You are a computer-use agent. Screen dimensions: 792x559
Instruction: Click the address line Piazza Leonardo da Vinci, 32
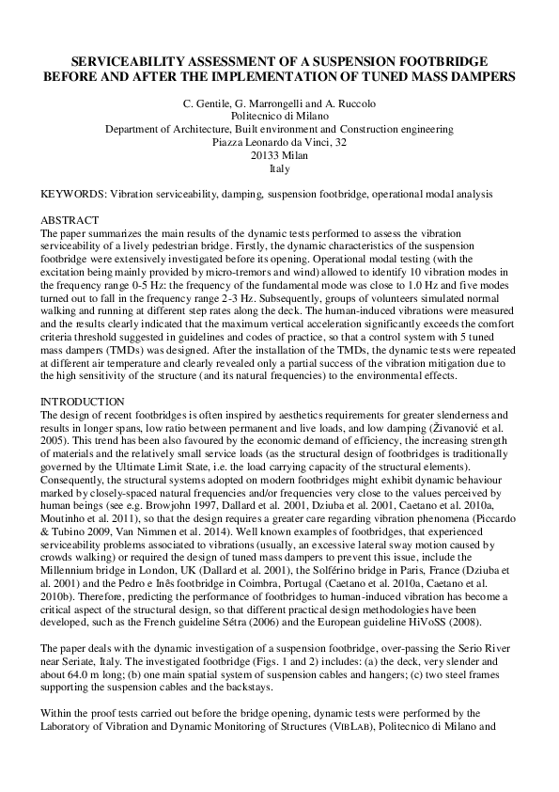coord(279,142)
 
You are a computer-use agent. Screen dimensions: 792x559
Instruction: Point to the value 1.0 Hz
coord(449,283)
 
